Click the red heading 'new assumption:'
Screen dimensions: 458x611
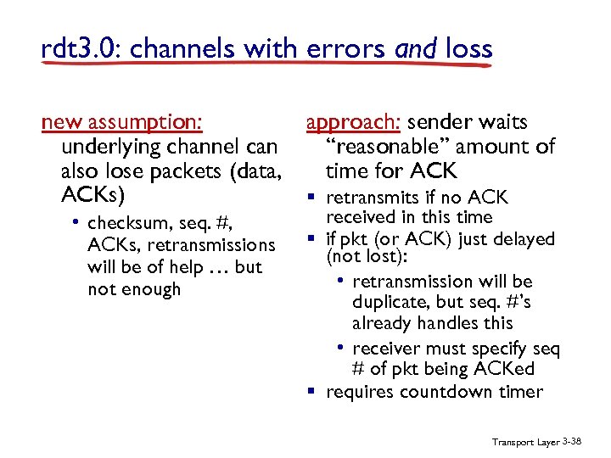tap(122, 123)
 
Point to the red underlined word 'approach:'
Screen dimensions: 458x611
tap(341, 123)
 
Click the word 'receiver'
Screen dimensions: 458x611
tap(387, 349)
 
